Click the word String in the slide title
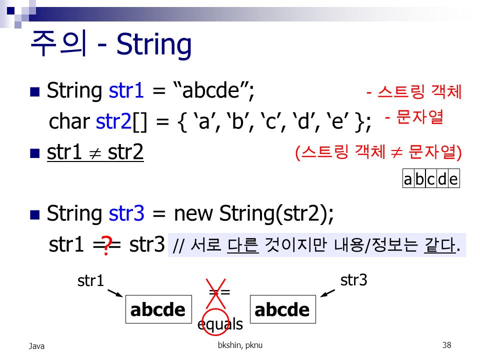coord(154,45)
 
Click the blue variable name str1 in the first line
coord(126,90)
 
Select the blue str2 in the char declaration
coord(113,121)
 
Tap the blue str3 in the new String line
coord(126,213)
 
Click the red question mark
coord(106,246)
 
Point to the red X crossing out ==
coord(215,293)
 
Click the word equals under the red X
coord(220,324)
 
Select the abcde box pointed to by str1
coord(158,309)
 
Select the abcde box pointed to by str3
coord(283,309)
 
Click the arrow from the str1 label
coord(115,293)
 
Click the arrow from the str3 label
coord(327,293)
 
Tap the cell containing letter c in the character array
coord(431,178)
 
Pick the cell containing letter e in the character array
coord(454,178)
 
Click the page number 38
coord(446,345)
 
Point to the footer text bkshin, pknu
coord(240,345)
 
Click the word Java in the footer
coord(36,346)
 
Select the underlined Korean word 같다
coord(440,245)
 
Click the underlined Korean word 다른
coord(243,245)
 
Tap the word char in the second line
coord(69,121)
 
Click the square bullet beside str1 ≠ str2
coord(35,153)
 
